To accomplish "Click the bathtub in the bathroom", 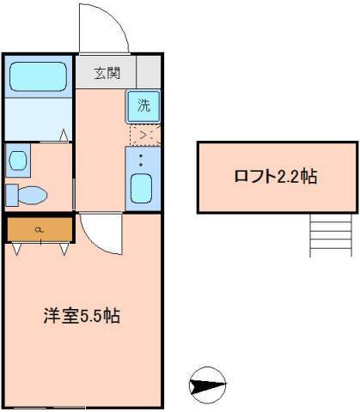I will (x=39, y=76).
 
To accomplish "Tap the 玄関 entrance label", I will (x=107, y=72).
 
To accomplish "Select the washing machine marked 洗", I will (x=144, y=106).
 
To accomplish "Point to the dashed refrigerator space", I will (x=144, y=135).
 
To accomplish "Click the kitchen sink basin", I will (x=143, y=187).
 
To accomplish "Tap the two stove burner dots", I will (x=143, y=160).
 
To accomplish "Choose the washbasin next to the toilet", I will (x=16, y=159).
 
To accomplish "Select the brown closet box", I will (x=40, y=229).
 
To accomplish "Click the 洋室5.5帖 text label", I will (x=82, y=315).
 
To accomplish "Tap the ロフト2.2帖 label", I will (x=275, y=178).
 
